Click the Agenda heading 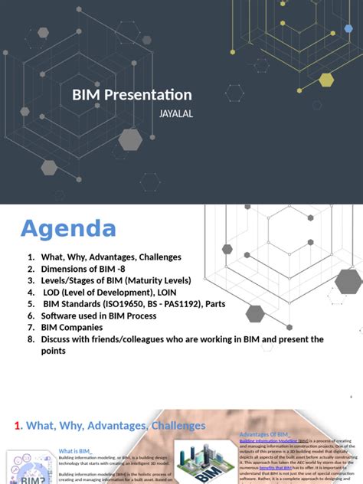click(x=68, y=228)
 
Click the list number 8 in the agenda click(x=30, y=338)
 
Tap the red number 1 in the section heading click(x=18, y=425)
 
